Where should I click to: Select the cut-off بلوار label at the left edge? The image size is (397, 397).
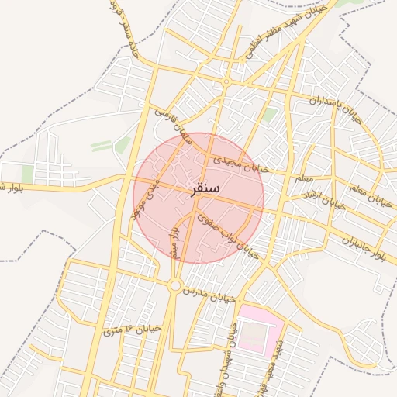(11, 187)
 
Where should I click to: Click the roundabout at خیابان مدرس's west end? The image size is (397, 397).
(175, 285)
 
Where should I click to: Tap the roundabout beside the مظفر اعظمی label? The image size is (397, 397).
(226, 81)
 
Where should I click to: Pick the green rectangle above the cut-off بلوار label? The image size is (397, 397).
(27, 174)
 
